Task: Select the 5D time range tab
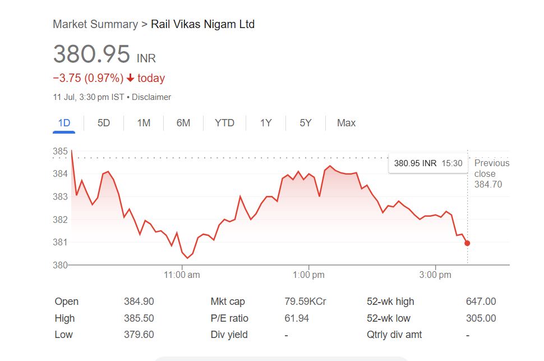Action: (x=104, y=123)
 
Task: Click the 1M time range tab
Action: (x=144, y=123)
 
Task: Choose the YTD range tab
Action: (x=224, y=123)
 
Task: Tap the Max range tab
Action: (x=346, y=123)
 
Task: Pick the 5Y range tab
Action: (x=305, y=123)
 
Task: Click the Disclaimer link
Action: (x=151, y=97)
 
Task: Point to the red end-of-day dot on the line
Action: (x=467, y=243)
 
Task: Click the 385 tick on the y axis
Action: (x=60, y=152)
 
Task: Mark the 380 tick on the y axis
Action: (x=60, y=265)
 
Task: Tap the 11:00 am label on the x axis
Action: (x=182, y=275)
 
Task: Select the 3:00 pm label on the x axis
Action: (x=435, y=275)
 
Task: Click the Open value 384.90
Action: (x=139, y=301)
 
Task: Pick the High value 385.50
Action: (x=139, y=318)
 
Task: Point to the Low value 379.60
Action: (x=139, y=335)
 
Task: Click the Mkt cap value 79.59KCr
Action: (x=305, y=301)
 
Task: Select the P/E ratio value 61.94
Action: (x=297, y=318)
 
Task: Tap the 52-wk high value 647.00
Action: (x=481, y=301)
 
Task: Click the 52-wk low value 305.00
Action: (x=481, y=318)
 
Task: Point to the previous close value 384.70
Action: (x=488, y=184)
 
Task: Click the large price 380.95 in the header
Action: (x=91, y=54)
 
